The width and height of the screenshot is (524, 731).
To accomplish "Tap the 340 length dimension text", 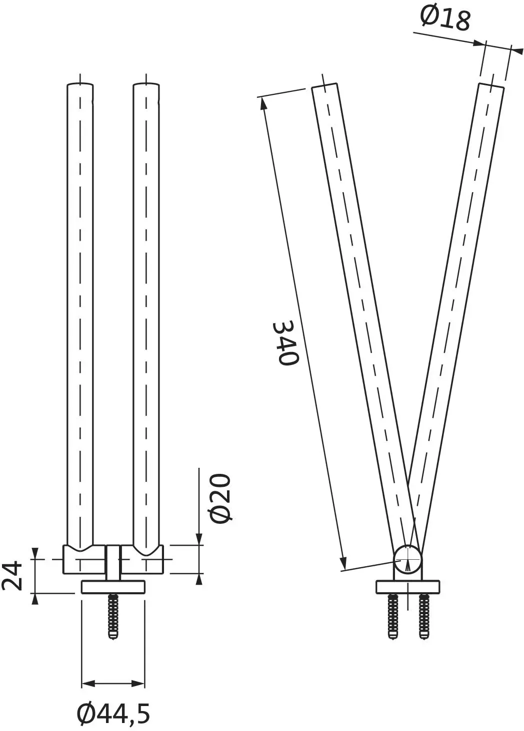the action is pos(285,344).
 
